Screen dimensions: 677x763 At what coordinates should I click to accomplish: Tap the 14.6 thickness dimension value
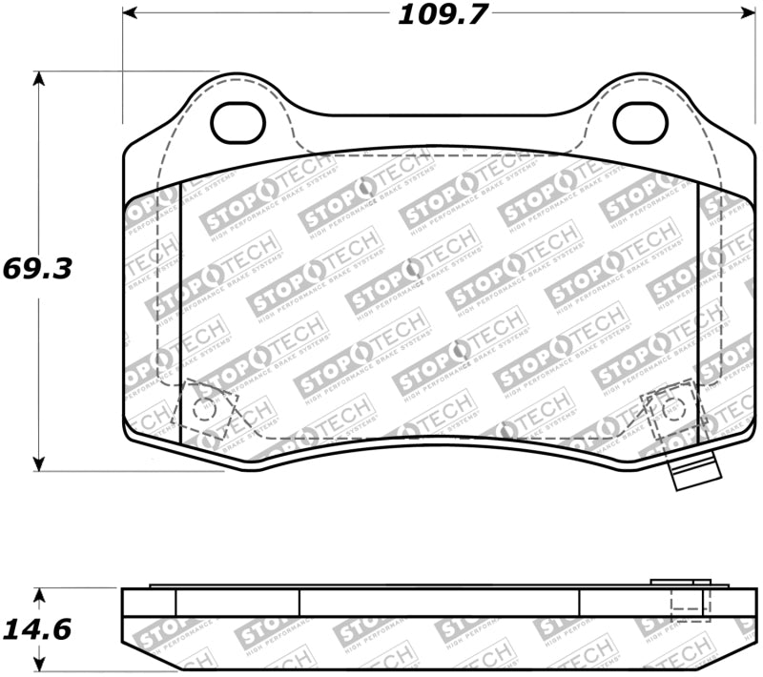coord(38,630)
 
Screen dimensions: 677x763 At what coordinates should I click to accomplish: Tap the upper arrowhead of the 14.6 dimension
coord(38,594)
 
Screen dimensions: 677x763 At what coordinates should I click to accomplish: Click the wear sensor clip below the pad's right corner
coord(693,473)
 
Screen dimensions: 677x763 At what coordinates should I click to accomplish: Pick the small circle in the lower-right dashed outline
coord(673,408)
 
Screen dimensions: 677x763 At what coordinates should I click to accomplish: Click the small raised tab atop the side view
coord(679,582)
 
